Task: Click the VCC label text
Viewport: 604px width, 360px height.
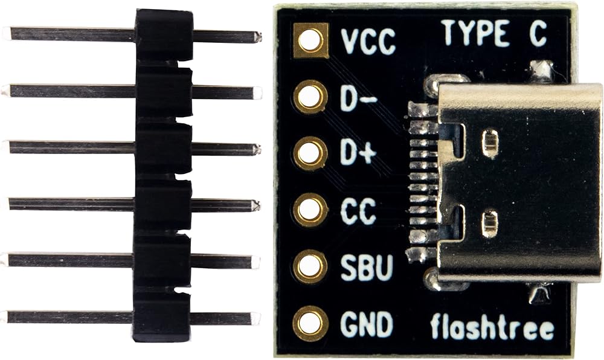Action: pos(368,42)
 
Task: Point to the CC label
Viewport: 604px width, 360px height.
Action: pos(358,210)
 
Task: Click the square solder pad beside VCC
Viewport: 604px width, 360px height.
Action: pos(310,40)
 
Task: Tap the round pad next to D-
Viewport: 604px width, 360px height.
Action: pos(310,97)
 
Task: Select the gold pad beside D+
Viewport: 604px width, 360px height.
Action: pos(310,153)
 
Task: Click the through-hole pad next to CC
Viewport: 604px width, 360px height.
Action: pos(310,210)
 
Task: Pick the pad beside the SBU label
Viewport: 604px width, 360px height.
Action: pos(310,266)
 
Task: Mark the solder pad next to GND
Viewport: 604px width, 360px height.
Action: pos(310,323)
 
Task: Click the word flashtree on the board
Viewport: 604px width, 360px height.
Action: pos(492,328)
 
